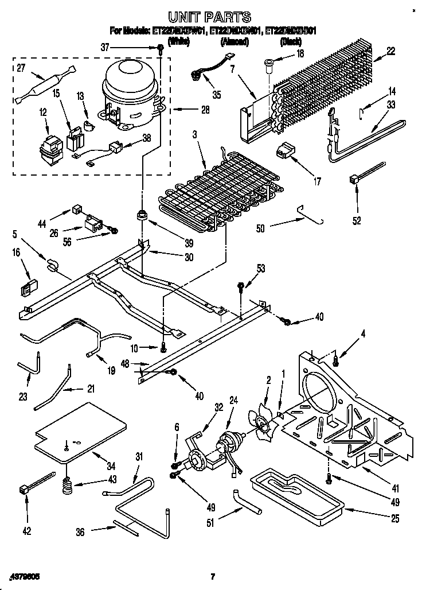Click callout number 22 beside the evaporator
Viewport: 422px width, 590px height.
[x=390, y=52]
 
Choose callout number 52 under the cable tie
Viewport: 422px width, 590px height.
[x=357, y=219]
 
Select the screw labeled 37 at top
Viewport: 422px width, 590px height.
[x=162, y=49]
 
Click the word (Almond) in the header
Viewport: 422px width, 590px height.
[x=234, y=42]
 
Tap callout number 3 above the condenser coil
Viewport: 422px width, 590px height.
[x=194, y=135]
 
